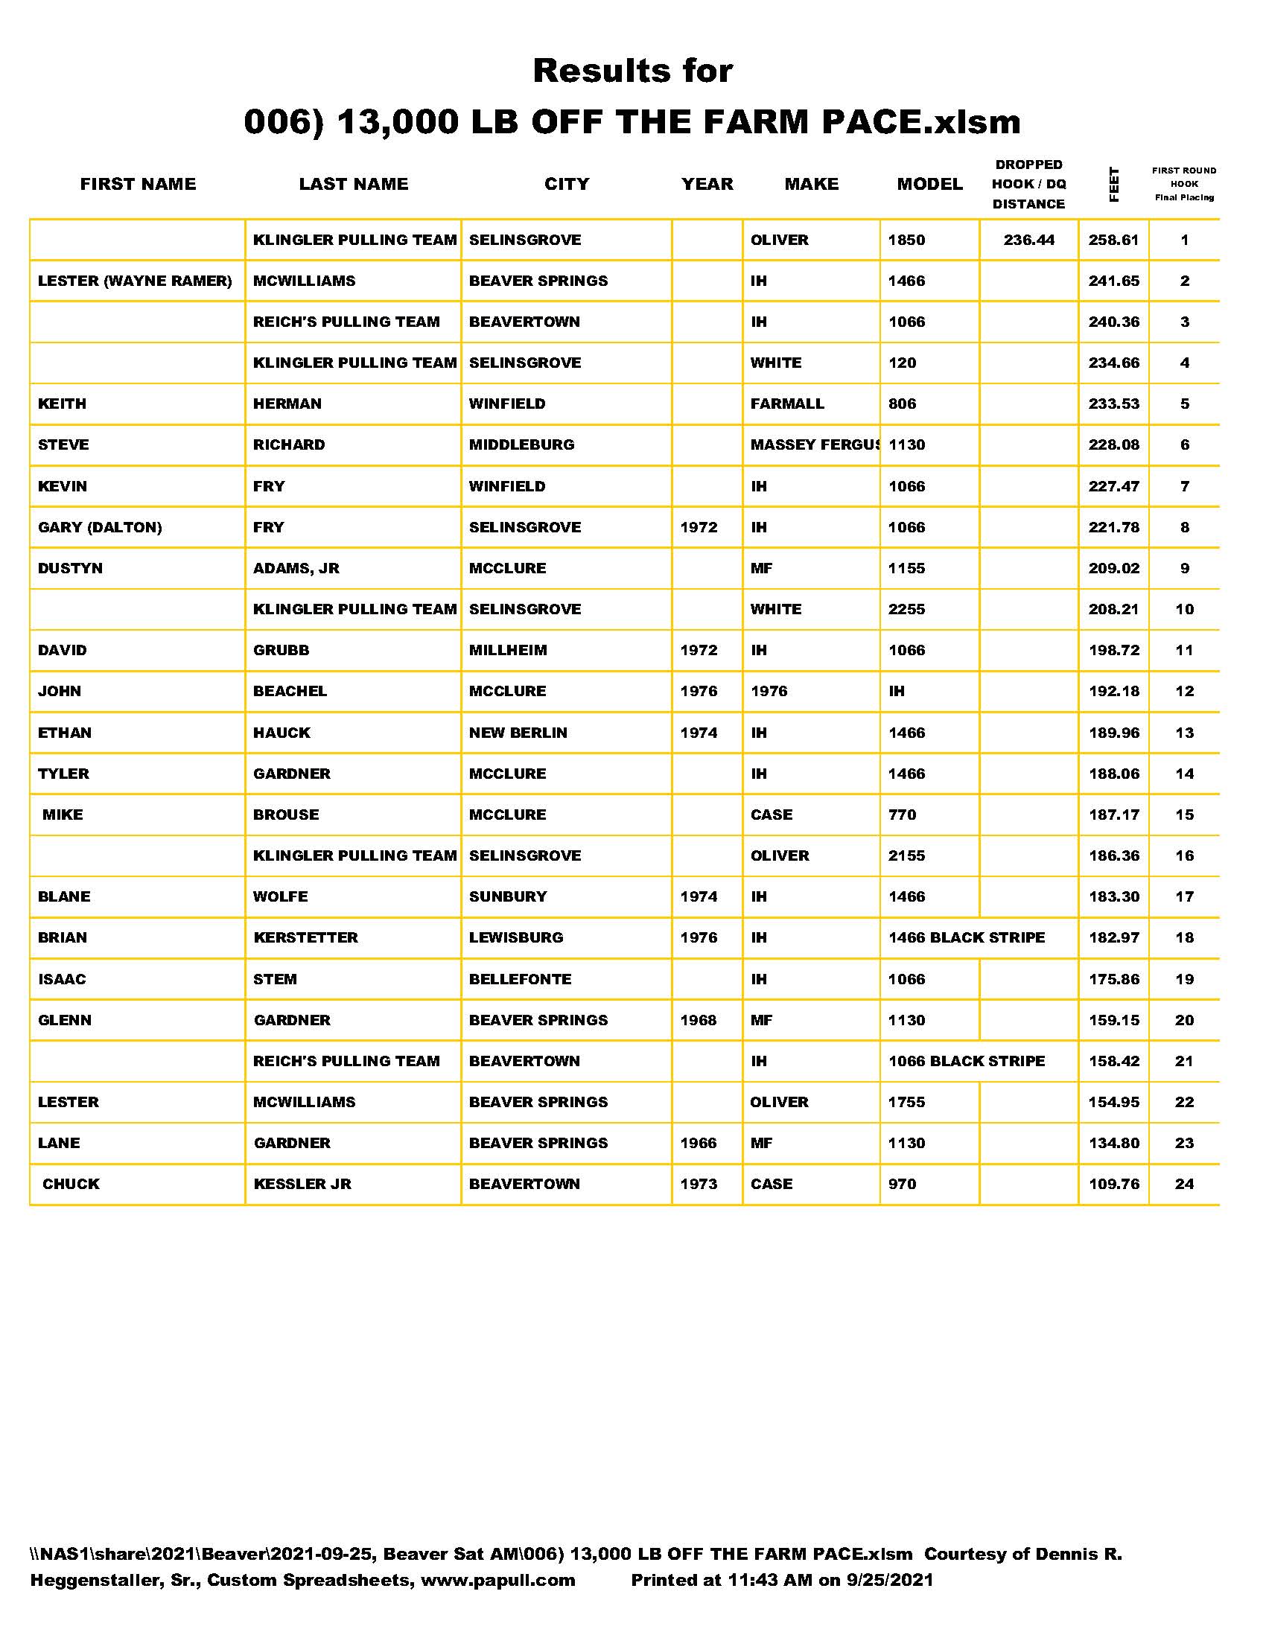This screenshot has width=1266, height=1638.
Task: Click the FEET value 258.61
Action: (1113, 240)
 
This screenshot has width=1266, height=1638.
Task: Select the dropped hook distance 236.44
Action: (1028, 240)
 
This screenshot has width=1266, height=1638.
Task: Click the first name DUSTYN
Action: (70, 568)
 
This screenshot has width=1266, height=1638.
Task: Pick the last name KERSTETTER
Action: (305, 937)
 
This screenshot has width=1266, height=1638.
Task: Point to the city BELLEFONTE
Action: (520, 979)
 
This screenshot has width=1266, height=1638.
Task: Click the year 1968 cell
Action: (699, 1020)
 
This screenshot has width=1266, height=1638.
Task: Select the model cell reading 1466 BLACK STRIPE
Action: (966, 937)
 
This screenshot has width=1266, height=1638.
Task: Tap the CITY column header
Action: (566, 184)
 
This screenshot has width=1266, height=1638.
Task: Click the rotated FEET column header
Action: (1114, 185)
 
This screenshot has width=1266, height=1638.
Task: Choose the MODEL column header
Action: (929, 184)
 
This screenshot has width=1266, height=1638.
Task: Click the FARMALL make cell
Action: (786, 404)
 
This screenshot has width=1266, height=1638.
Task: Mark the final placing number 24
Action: (1183, 1184)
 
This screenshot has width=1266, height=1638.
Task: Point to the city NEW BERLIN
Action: (518, 733)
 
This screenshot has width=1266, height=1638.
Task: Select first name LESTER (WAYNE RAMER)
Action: (135, 281)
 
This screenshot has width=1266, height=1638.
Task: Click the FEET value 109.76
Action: (1113, 1184)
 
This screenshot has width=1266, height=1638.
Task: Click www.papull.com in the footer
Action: (497, 1580)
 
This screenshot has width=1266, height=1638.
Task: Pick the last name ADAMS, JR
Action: (296, 568)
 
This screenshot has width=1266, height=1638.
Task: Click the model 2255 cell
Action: (906, 609)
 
